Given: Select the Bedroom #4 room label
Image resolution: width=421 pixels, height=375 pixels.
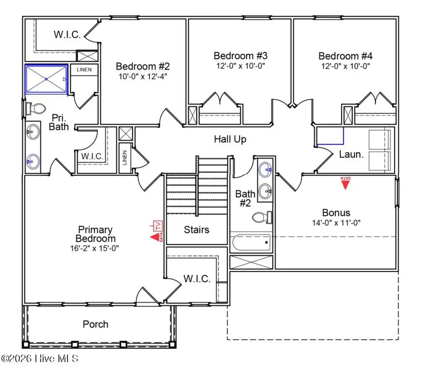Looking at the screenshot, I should [345, 56].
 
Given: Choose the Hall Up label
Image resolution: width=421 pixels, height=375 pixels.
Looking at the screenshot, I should [230, 139].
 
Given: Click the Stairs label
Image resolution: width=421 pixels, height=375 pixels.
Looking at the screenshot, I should [196, 229].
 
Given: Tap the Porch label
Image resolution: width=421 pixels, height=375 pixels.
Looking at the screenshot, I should [95, 324].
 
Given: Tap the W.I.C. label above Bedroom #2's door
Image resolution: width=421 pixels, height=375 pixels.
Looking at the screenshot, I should [67, 35].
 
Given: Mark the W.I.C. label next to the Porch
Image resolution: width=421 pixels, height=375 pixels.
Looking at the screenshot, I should [196, 279].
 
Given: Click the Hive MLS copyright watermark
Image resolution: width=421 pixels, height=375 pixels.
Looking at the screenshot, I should [40, 359].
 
